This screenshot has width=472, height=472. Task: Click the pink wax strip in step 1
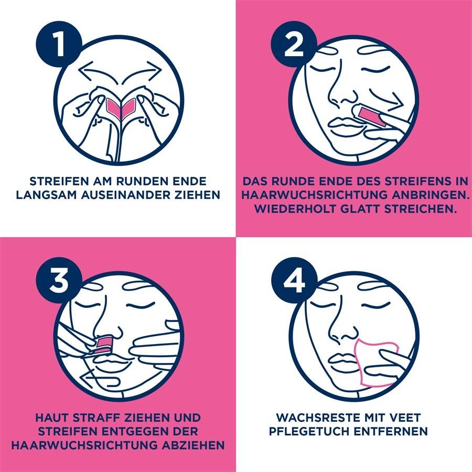(120, 107)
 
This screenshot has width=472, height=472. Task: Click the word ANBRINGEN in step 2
(404, 195)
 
